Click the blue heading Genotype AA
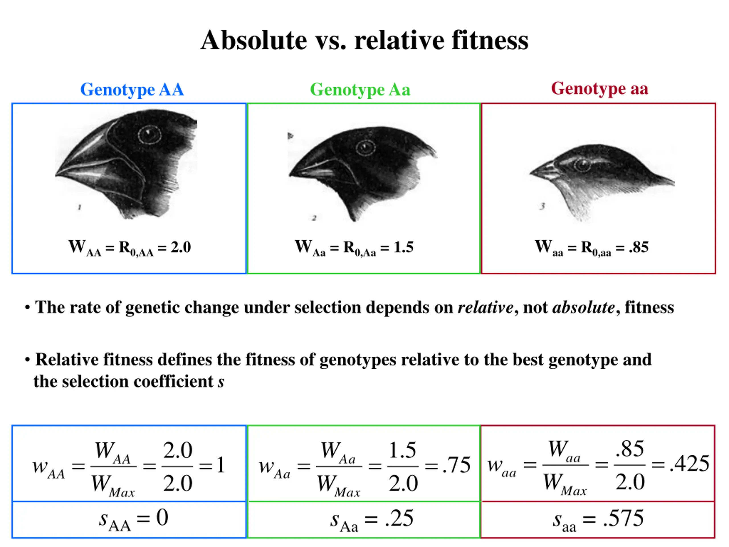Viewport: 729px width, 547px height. click(x=132, y=90)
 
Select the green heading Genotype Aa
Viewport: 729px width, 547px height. click(x=360, y=90)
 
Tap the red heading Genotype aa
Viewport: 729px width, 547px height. click(x=599, y=89)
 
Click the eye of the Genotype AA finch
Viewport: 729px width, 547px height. click(x=149, y=134)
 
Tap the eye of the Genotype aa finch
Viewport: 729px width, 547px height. click(x=582, y=165)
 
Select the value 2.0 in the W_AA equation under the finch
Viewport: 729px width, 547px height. click(x=181, y=247)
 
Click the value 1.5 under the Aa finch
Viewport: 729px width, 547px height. click(x=404, y=247)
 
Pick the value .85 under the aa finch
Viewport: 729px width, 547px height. click(x=638, y=247)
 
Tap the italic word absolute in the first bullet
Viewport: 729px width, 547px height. click(x=583, y=308)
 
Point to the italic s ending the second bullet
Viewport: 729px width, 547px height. click(x=221, y=382)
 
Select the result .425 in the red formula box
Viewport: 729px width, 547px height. click(x=689, y=464)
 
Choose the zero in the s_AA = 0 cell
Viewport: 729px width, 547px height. click(x=162, y=518)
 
